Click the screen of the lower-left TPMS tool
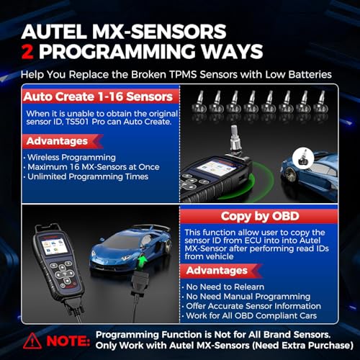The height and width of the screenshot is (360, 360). pos(53,253)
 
